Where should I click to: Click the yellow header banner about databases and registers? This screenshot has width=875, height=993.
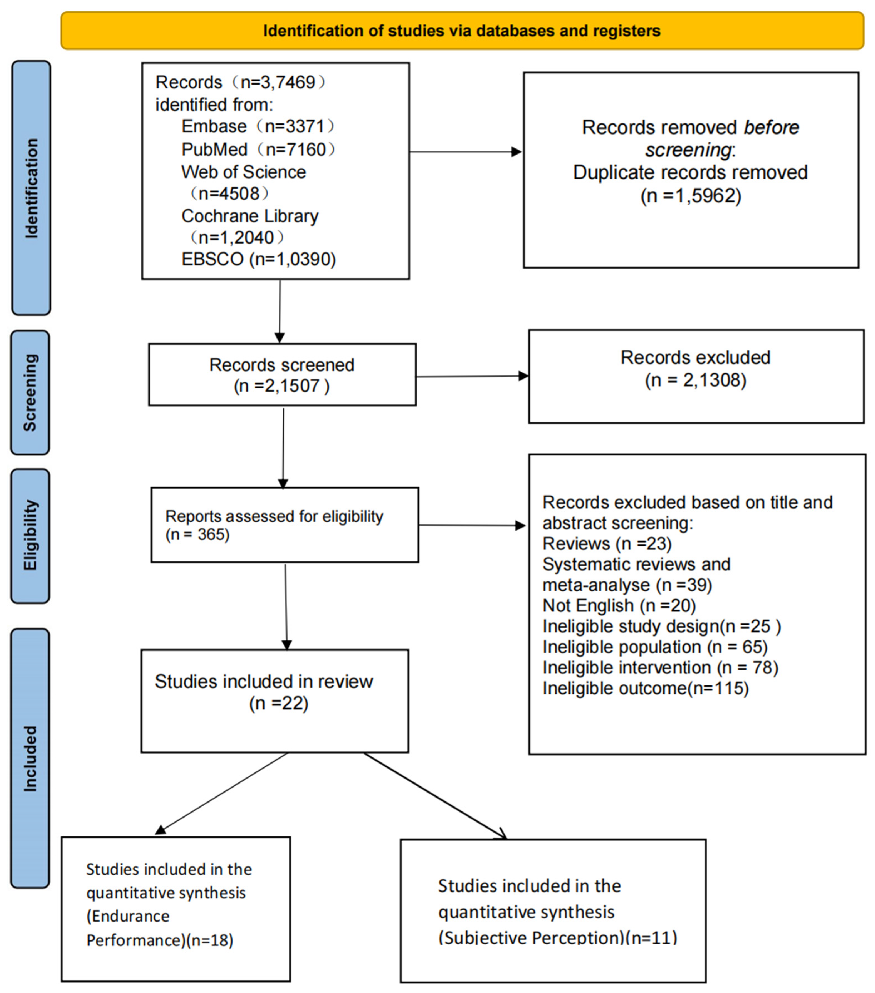point(461,31)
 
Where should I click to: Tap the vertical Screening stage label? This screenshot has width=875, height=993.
point(30,393)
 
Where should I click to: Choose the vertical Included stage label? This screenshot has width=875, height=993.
point(30,758)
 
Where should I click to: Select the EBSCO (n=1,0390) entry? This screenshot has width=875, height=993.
point(258,259)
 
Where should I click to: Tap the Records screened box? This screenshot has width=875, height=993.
point(282,375)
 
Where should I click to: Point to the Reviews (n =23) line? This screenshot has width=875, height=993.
point(606,543)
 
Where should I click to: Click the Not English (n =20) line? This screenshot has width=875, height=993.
point(619,605)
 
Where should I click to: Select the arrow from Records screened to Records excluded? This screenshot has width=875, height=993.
point(471,376)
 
